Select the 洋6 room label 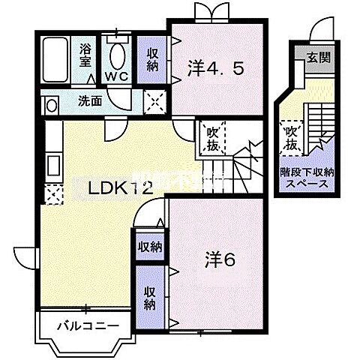tap(220, 262)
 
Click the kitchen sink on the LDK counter tap(52, 163)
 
